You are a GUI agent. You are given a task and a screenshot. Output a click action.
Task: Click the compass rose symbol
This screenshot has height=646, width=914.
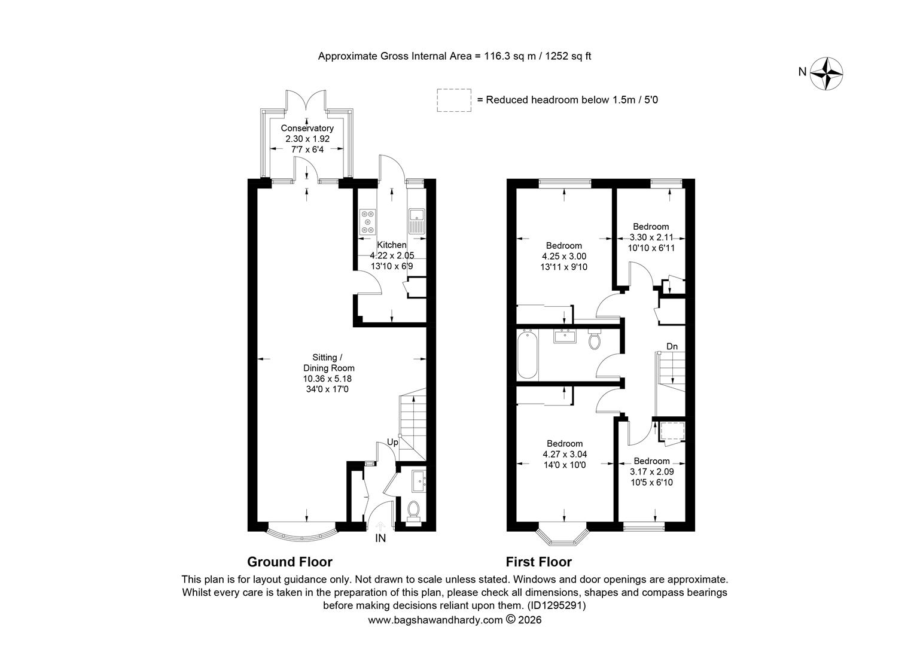[x=826, y=74]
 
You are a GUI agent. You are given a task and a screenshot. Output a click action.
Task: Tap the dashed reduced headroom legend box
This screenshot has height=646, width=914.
[x=454, y=100]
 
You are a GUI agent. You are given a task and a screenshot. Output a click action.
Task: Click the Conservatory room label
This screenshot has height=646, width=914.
[x=307, y=128]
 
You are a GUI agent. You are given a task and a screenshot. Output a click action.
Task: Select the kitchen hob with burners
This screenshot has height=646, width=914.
[x=368, y=221]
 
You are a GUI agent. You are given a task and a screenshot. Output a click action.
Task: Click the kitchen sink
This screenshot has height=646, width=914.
[x=416, y=221]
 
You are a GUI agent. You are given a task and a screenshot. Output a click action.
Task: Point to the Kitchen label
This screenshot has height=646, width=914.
[x=391, y=245]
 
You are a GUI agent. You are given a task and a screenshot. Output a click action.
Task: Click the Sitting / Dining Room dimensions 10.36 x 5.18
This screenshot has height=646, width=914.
[x=327, y=379]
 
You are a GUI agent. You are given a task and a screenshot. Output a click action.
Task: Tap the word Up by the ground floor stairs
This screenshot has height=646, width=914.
[x=392, y=443]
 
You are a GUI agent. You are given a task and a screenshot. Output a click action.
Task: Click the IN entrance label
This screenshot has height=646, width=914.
[x=380, y=539]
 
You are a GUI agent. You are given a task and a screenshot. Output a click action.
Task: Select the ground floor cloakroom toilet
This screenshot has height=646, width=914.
[x=414, y=511]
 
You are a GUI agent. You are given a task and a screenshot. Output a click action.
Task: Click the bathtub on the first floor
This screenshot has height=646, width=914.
[x=527, y=356]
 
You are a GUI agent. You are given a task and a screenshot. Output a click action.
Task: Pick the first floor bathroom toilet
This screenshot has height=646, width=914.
[x=594, y=340]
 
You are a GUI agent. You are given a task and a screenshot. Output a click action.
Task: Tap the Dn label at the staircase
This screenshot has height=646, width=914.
[x=672, y=346]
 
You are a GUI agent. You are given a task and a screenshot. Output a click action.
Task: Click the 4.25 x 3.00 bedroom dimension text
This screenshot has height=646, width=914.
[x=564, y=256]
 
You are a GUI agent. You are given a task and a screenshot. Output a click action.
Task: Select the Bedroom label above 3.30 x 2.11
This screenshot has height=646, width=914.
[x=651, y=227]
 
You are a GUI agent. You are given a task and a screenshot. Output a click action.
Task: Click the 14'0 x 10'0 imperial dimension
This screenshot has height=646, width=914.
[x=565, y=465]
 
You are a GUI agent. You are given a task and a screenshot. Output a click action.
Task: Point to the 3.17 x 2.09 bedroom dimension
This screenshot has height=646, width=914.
[x=651, y=472]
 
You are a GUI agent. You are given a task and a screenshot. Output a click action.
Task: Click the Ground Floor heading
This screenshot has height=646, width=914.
[x=290, y=562]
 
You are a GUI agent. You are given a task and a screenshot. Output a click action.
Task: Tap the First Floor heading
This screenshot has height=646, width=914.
[x=538, y=562]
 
